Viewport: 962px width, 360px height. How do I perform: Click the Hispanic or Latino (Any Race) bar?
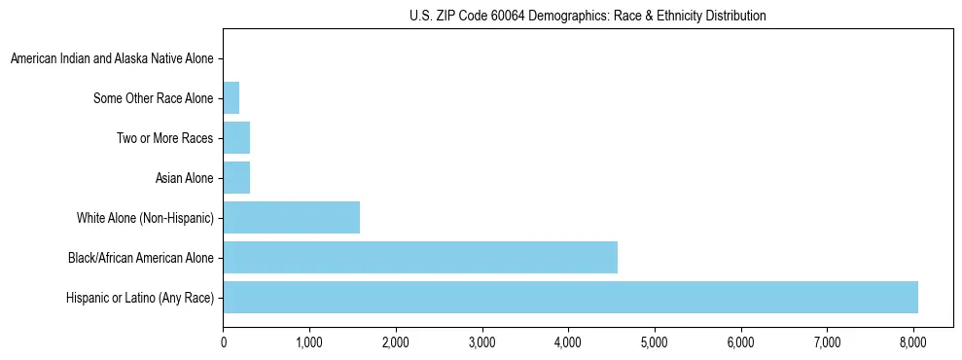click(570, 298)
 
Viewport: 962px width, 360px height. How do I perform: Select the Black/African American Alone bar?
click(420, 258)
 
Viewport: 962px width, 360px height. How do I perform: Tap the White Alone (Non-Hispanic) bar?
click(292, 218)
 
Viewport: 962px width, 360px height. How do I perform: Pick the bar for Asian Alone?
click(236, 178)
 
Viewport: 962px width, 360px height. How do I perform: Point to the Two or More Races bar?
click(236, 138)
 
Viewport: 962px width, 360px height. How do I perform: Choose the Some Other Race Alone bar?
click(232, 98)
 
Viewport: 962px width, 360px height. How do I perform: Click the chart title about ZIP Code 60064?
click(588, 16)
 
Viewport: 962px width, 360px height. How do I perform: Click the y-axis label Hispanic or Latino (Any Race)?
click(140, 298)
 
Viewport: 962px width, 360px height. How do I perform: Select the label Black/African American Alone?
click(140, 258)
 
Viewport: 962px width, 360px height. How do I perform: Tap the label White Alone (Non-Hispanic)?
click(145, 218)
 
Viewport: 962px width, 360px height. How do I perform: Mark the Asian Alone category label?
click(184, 178)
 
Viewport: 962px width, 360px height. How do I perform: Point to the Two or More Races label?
click(164, 138)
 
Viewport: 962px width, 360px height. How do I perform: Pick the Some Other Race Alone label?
click(153, 98)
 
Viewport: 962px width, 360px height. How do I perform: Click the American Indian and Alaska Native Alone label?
click(111, 58)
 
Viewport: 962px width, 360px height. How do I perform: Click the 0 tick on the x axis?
click(224, 342)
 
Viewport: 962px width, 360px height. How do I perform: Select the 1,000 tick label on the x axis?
click(309, 342)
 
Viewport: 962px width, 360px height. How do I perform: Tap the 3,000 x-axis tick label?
click(482, 342)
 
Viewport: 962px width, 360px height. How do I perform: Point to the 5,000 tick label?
click(655, 342)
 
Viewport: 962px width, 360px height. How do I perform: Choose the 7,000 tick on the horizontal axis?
click(827, 342)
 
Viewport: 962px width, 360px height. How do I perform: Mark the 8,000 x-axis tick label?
click(913, 342)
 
